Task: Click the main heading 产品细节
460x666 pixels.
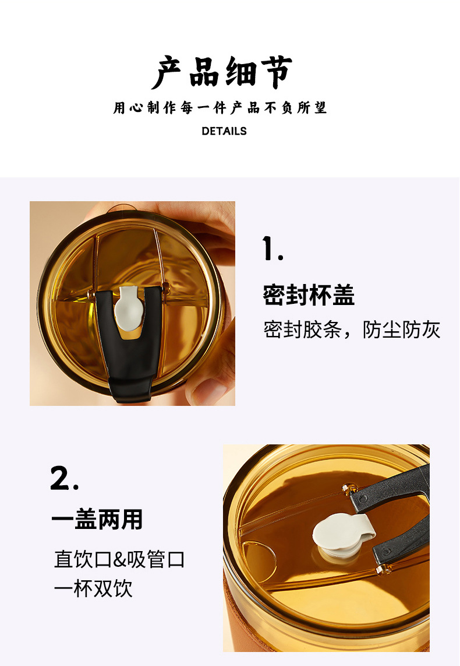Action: pyautogui.click(x=222, y=73)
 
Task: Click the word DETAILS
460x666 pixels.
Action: pyautogui.click(x=224, y=131)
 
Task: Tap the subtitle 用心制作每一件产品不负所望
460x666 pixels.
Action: pyautogui.click(x=220, y=108)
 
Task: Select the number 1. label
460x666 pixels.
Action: pyautogui.click(x=273, y=248)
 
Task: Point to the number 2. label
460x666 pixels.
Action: pyautogui.click(x=64, y=478)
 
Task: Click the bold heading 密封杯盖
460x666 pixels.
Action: pyautogui.click(x=309, y=295)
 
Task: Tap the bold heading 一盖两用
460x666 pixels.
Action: pyautogui.click(x=97, y=519)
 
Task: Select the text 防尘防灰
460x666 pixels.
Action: pyautogui.click(x=402, y=330)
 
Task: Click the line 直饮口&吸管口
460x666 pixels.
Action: pyautogui.click(x=119, y=559)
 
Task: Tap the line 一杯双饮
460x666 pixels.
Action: pyautogui.click(x=93, y=588)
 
